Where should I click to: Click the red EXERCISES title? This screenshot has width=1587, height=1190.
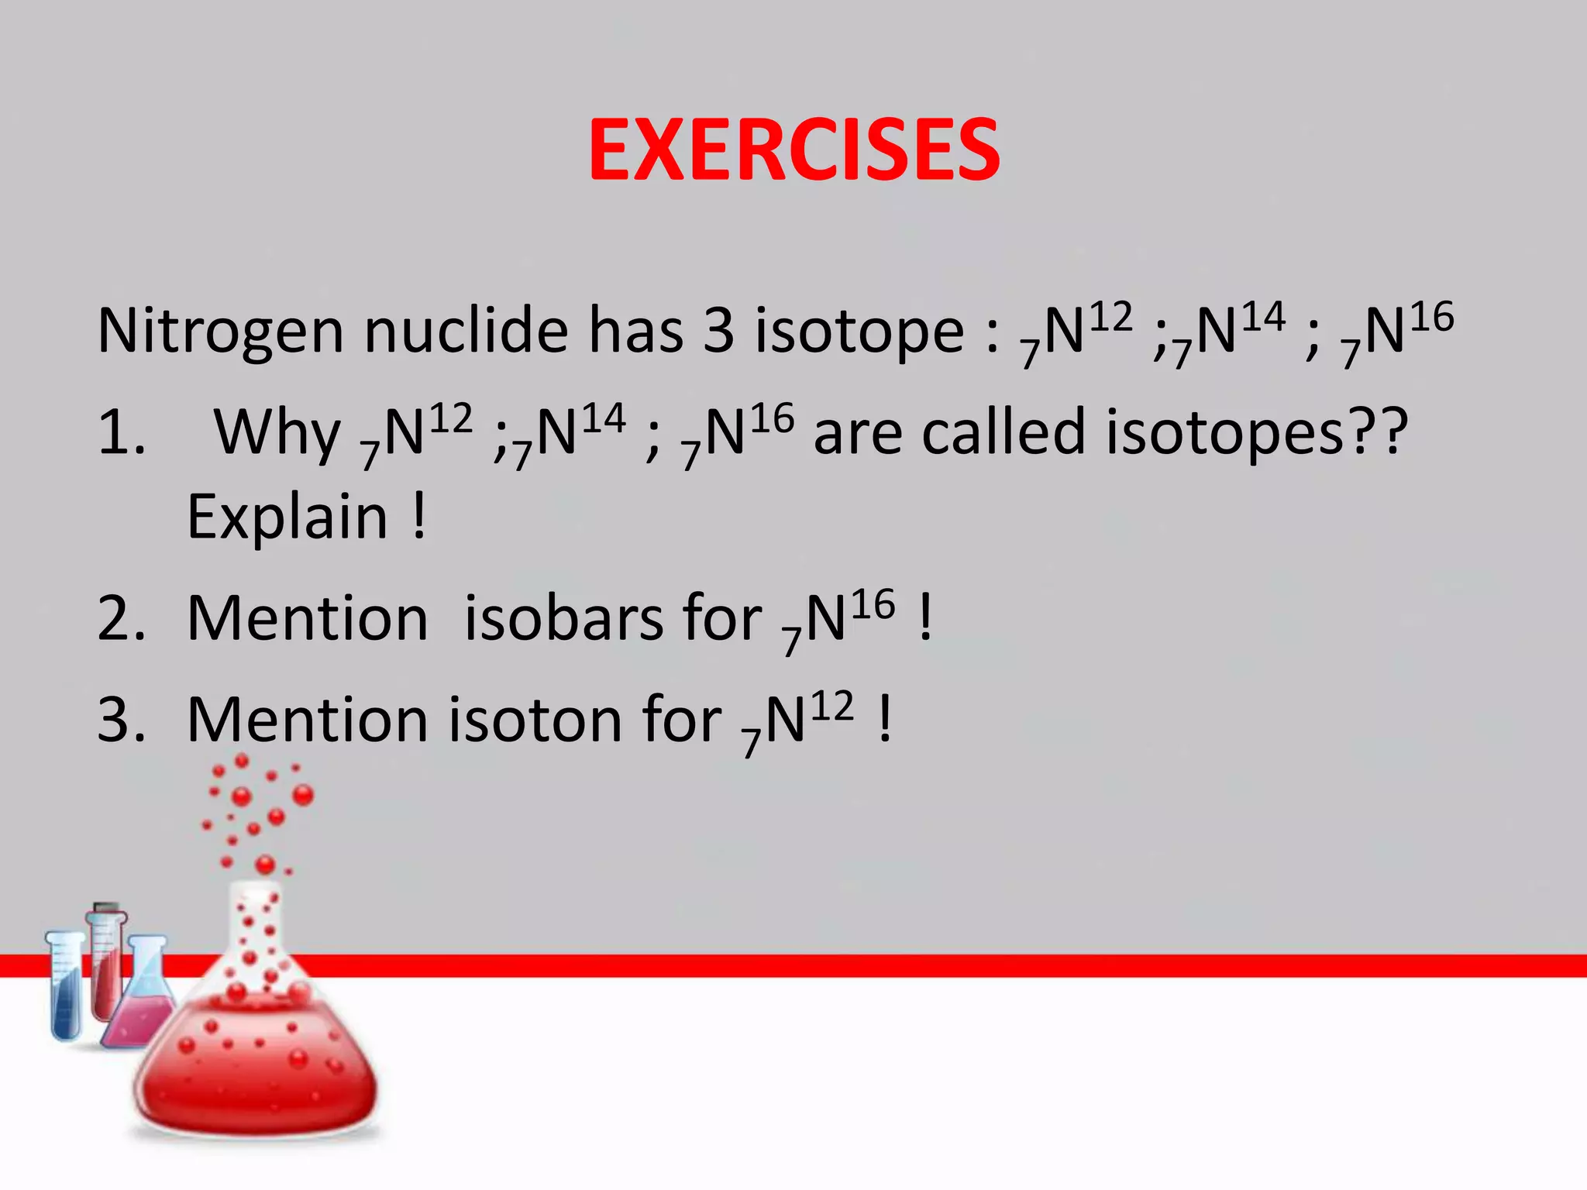793,150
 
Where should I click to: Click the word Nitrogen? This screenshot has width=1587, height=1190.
220,332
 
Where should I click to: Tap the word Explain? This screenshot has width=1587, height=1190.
287,518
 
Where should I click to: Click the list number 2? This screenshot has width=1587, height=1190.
121,620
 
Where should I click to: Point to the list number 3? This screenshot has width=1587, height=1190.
121,721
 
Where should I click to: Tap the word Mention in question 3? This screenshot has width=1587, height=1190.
307,721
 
